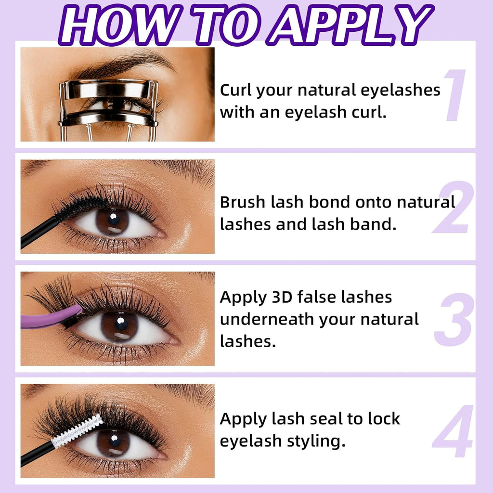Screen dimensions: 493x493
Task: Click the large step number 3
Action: coord(453,319)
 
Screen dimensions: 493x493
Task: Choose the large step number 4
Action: coord(453,431)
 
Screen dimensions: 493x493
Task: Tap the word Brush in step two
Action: coord(242,202)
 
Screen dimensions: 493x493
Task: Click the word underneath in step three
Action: coord(267,320)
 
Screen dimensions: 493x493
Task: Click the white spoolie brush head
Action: coord(78,430)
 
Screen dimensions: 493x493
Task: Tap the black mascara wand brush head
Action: coord(80,206)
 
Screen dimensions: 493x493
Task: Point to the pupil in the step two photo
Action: coord(114,219)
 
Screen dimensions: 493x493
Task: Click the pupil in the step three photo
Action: coord(121,324)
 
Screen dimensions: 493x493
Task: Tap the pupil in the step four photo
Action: coord(115,441)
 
